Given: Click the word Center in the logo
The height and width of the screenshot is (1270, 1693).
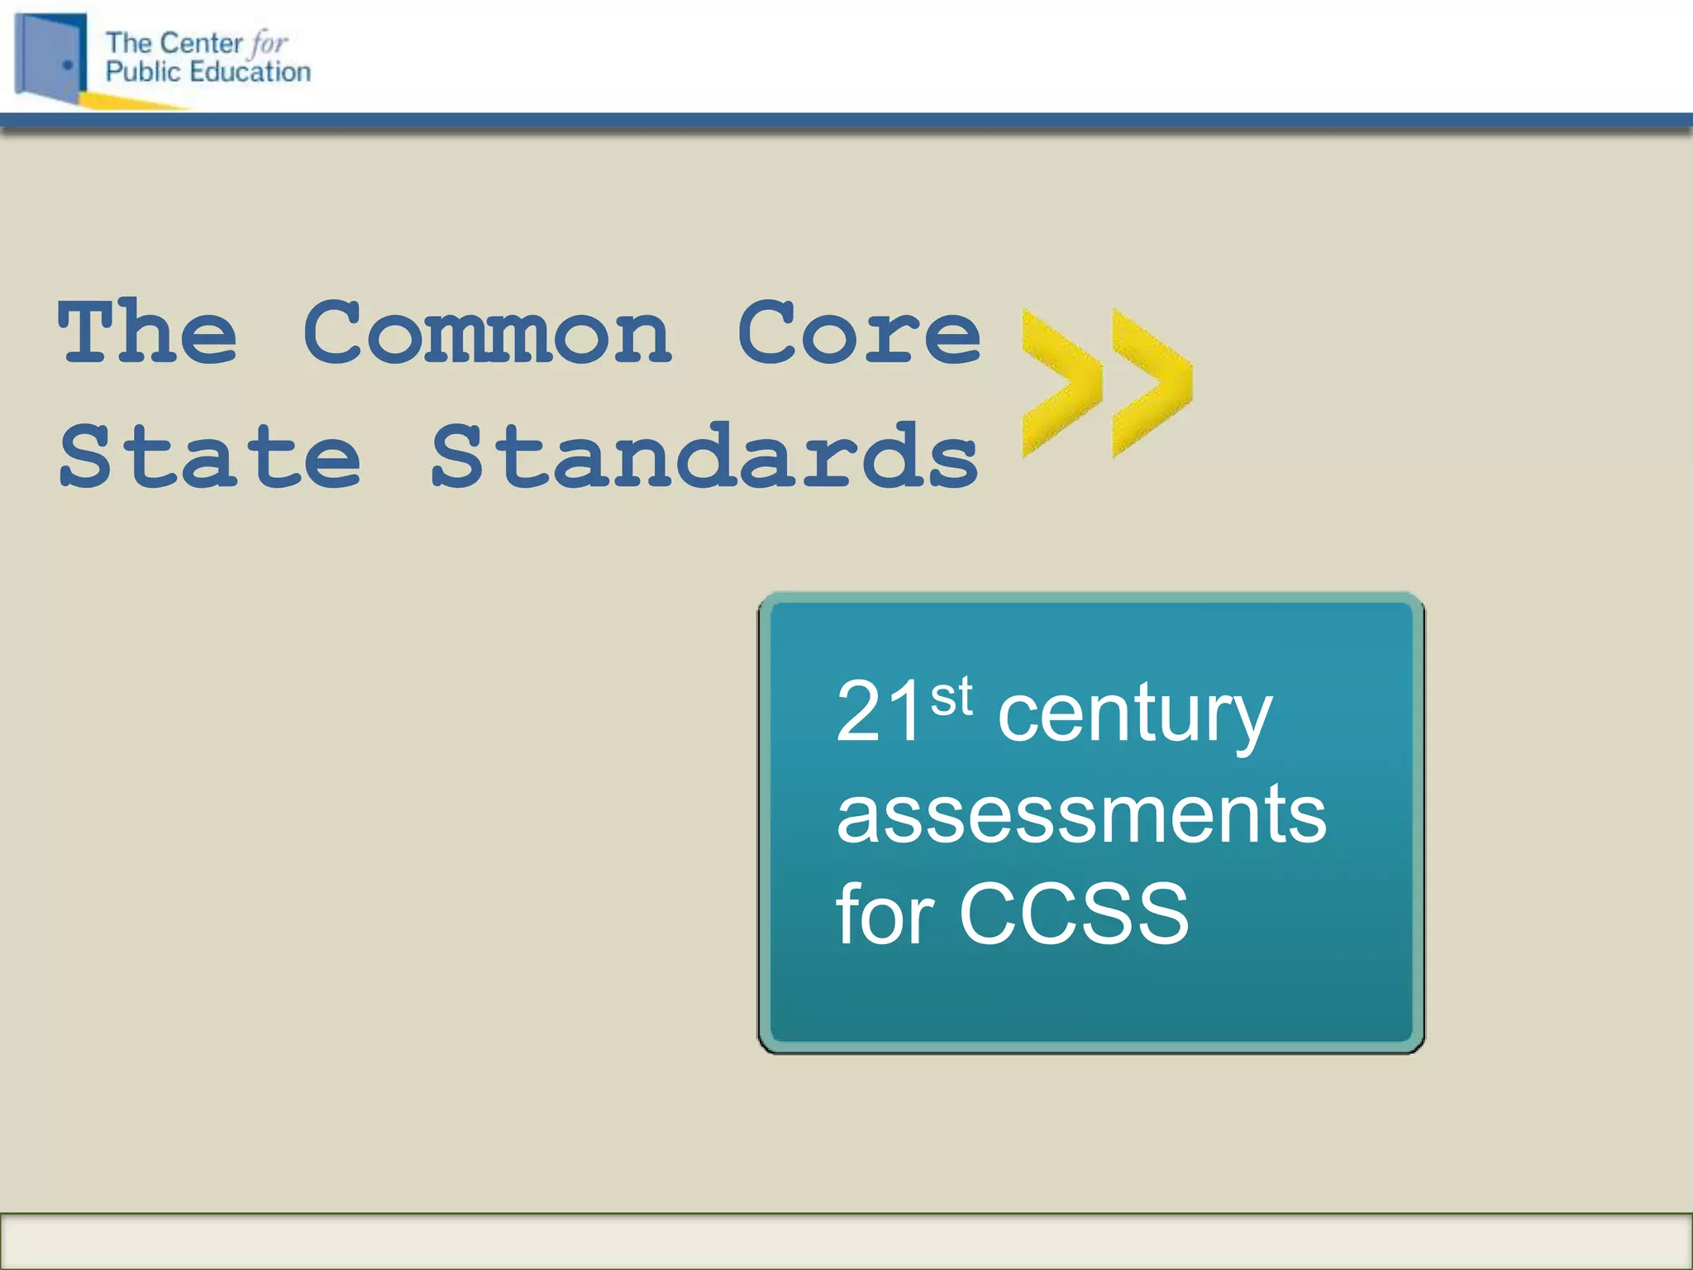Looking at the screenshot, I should pyautogui.click(x=201, y=43).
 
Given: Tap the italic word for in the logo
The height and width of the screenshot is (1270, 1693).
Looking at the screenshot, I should pyautogui.click(x=269, y=43).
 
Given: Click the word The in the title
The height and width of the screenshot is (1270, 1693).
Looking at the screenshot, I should pyautogui.click(x=148, y=332).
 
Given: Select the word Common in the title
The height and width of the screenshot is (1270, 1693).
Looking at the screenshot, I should pyautogui.click(x=488, y=332).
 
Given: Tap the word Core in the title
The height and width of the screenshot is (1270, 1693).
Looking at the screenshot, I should pyautogui.click(x=859, y=332).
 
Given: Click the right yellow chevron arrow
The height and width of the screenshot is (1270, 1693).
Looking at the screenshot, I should pyautogui.click(x=1152, y=382).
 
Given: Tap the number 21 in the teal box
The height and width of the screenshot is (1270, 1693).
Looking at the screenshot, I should pyautogui.click(x=878, y=713).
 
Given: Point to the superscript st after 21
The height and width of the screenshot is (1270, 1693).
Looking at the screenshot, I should pyautogui.click(x=951, y=696).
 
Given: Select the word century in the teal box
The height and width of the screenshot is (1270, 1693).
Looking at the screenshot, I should pyautogui.click(x=1134, y=716).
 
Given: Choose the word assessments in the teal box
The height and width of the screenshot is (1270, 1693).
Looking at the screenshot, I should pyautogui.click(x=1081, y=815).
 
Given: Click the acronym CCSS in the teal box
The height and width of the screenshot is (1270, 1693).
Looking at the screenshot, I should pyautogui.click(x=1074, y=914).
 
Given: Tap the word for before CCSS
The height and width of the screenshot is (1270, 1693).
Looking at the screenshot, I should pyautogui.click(x=885, y=914).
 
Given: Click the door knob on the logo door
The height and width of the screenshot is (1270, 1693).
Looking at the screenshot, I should pyautogui.click(x=68, y=64).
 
